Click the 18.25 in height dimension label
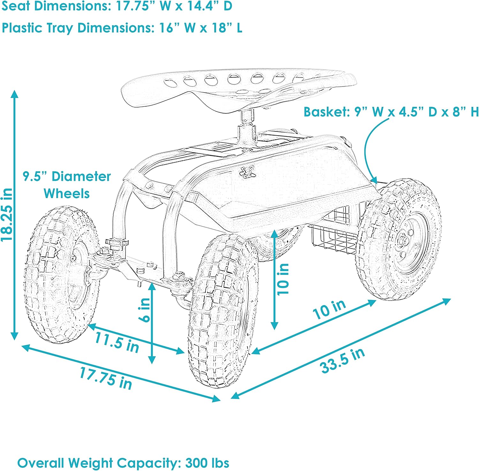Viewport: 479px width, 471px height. (7, 214)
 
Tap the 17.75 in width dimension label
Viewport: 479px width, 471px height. (106, 378)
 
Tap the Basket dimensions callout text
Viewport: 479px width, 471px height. (391, 112)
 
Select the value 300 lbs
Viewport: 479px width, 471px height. (207, 463)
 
